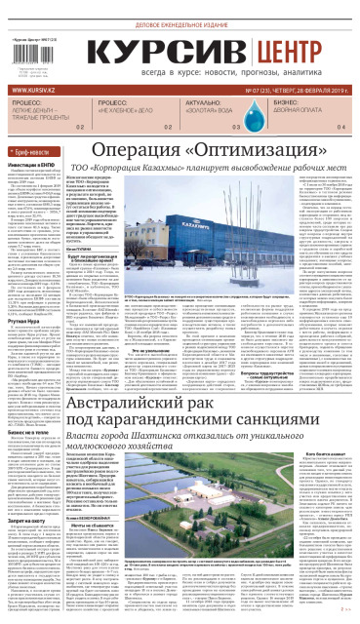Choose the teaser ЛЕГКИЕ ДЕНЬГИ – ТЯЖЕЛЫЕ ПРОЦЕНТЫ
[x=45, y=135]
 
